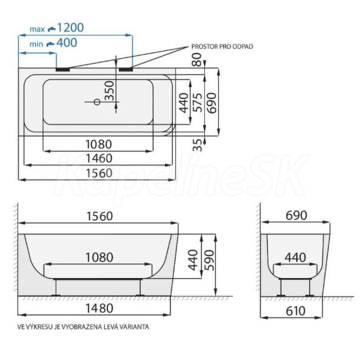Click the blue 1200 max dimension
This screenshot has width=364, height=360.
(x=70, y=28)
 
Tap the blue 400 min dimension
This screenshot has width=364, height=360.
(x=67, y=42)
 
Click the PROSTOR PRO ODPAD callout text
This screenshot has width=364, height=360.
(x=222, y=47)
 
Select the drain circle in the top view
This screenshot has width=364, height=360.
(x=97, y=102)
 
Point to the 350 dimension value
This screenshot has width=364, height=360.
(x=109, y=90)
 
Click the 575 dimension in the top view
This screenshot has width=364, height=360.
(x=198, y=103)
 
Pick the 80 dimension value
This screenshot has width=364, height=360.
(x=197, y=59)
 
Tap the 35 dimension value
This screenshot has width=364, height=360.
(x=197, y=145)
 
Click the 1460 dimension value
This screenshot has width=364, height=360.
(x=99, y=158)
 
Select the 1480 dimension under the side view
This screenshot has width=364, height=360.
(x=99, y=308)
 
